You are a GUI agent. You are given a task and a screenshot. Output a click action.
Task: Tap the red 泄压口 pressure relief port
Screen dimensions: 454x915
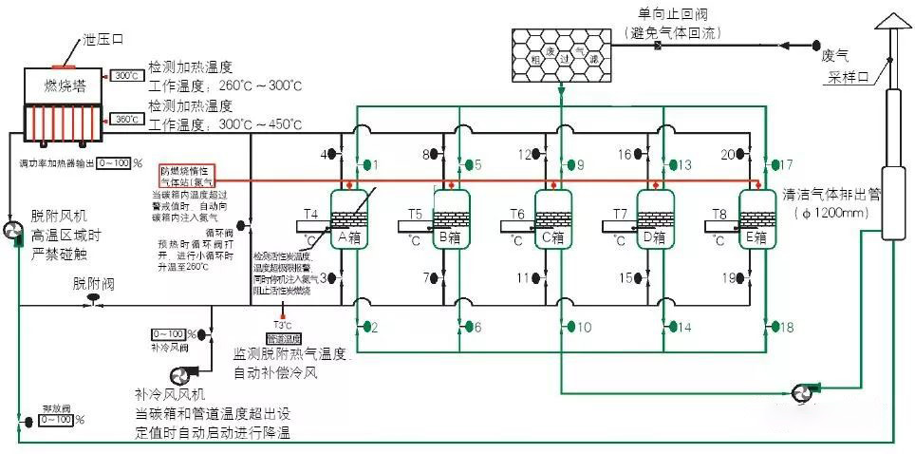65,66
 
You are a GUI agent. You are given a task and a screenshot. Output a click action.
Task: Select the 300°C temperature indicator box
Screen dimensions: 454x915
126,75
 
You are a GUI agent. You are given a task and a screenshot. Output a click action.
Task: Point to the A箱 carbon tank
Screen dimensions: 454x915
348,219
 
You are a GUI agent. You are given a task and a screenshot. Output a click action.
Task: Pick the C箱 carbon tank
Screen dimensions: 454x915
551,219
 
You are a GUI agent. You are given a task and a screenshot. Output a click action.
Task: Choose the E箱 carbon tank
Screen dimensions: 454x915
756,219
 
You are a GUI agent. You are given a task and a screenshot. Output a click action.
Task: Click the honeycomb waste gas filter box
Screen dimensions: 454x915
562,47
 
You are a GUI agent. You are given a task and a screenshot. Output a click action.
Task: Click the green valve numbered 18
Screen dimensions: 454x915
773,327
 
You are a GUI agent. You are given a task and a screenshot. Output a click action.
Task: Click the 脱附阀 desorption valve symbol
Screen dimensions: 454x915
95,300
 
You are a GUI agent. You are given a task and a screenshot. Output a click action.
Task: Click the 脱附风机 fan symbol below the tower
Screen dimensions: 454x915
13,233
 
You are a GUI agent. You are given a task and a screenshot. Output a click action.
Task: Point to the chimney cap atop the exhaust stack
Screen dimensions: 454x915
891,21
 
